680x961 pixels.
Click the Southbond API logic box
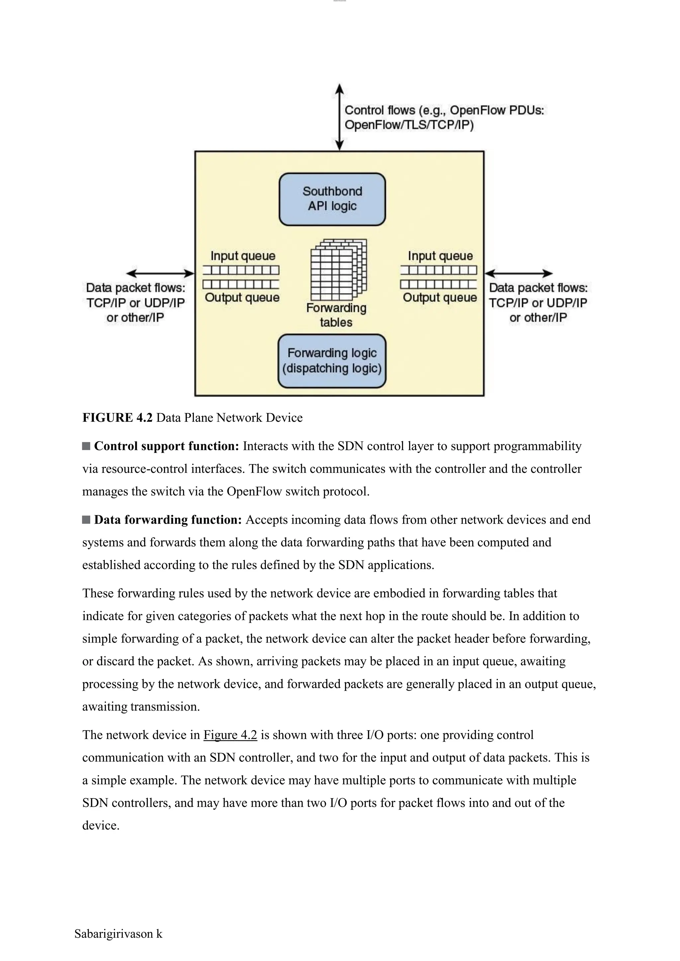point(332,199)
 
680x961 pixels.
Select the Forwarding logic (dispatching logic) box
point(332,361)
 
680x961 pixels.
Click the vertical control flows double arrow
point(340,117)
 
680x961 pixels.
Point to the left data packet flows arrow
point(160,274)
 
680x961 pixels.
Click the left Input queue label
point(242,256)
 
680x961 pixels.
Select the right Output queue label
point(440,298)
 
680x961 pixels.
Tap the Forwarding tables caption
point(336,315)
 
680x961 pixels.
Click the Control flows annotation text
point(444,117)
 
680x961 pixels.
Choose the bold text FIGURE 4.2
point(117,418)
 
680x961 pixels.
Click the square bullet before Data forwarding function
point(86,520)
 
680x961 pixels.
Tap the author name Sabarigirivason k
point(118,934)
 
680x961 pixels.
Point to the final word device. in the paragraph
point(101,825)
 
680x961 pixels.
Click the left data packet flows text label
point(135,303)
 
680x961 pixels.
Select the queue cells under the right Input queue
point(438,270)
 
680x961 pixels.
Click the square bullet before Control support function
point(86,446)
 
